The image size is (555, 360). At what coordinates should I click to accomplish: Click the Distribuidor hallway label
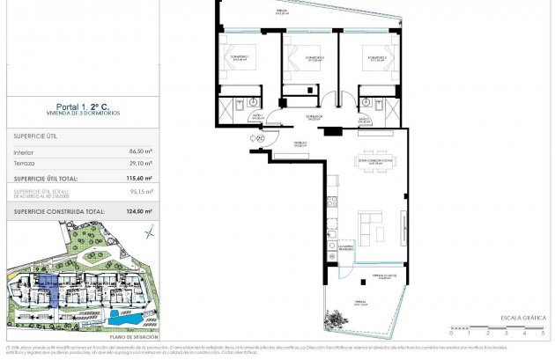tap(311, 115)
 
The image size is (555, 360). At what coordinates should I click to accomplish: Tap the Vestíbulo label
tap(300, 143)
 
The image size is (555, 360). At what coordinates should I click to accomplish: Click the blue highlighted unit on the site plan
tap(48, 289)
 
